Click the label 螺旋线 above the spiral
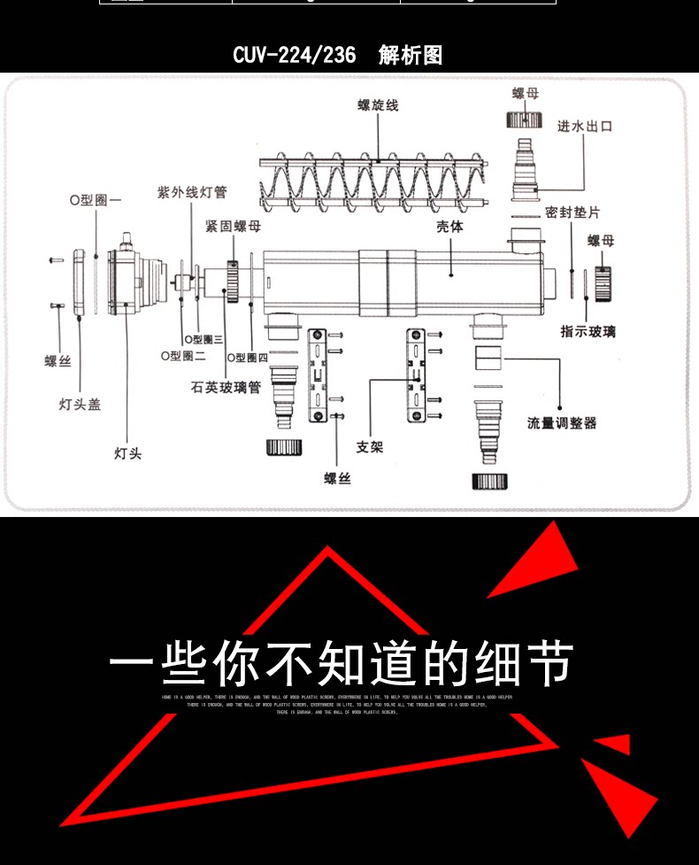(378, 105)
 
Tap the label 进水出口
(584, 127)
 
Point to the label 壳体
(449, 227)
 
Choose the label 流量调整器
(562, 423)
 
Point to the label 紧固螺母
(233, 227)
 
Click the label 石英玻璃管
(226, 387)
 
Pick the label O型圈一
(96, 200)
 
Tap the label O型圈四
(248, 358)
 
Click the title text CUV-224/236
(295, 56)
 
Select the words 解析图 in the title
(411, 56)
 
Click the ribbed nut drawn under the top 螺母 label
(524, 120)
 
